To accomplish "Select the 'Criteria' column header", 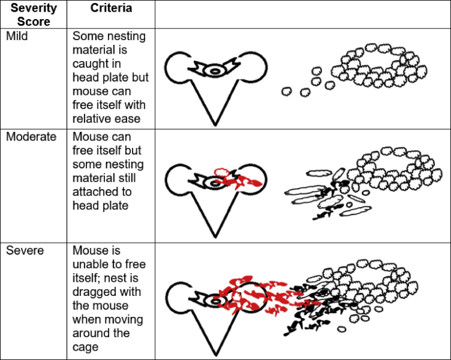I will coord(111,9).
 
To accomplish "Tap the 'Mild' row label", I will coord(17,36).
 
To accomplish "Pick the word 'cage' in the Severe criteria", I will coord(85,346).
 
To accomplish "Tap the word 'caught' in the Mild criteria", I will coord(89,63).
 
